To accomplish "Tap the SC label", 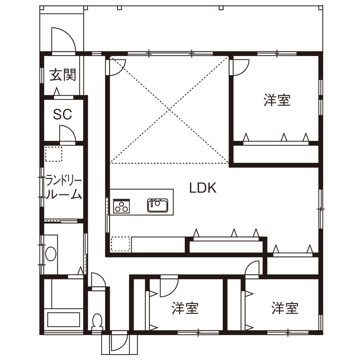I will (63, 114).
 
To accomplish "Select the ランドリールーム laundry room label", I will (63, 187).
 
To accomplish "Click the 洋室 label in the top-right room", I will (277, 100).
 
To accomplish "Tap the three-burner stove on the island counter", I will (122, 206).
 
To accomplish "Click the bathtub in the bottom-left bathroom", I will (63, 320).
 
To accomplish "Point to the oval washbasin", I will (51, 254).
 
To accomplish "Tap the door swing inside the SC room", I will (67, 134).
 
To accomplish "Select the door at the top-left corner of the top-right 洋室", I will (240, 66).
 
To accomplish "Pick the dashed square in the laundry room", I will (54, 153).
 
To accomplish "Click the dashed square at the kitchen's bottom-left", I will (120, 244).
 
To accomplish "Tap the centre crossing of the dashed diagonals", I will (170, 109).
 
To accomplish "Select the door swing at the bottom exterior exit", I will (118, 343).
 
